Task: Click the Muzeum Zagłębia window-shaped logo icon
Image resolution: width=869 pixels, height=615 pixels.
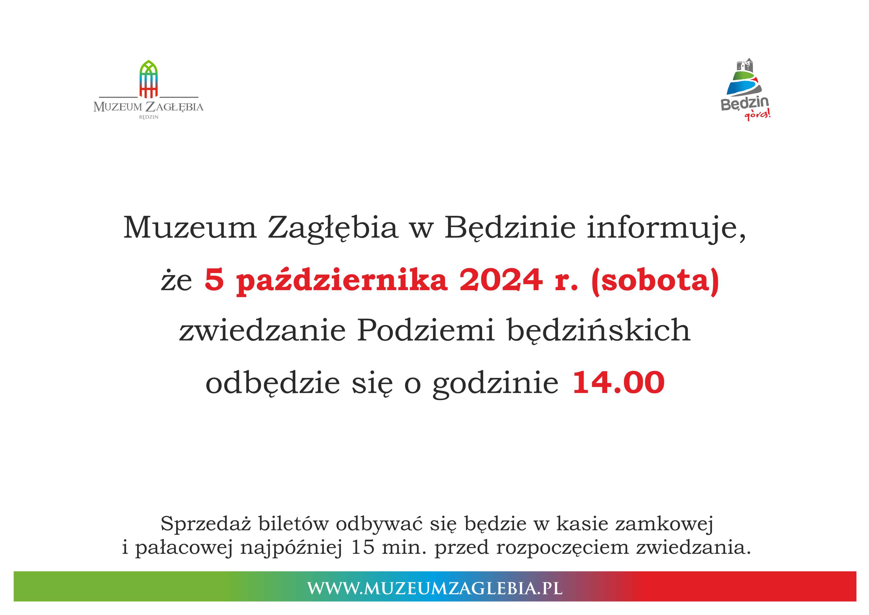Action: point(148,79)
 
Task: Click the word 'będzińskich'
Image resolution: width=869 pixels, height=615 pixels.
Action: point(598,330)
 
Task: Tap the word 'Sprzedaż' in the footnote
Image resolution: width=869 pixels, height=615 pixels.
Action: point(206,524)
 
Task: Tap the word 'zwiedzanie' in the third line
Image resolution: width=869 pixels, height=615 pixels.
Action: point(262,330)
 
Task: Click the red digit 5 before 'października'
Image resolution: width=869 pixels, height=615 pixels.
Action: point(214,280)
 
